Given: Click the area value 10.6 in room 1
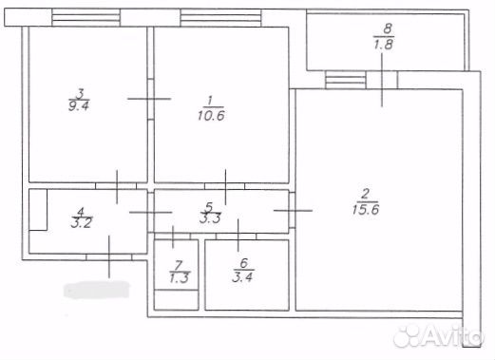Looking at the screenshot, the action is [x=211, y=116].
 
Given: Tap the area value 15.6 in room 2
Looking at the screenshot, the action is [x=366, y=209].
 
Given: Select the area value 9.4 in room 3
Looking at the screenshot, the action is [x=79, y=105].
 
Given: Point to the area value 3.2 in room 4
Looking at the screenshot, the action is [x=82, y=223].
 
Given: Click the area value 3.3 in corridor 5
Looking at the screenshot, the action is [x=210, y=218].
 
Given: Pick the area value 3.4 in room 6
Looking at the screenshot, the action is [x=242, y=277].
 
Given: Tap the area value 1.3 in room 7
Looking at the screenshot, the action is [x=180, y=277].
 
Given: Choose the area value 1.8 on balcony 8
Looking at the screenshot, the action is [x=384, y=44].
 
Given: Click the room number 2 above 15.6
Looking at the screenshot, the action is [x=366, y=194].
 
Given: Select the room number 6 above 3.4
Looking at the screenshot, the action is [x=244, y=262].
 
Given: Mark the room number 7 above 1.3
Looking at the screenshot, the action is [x=180, y=263].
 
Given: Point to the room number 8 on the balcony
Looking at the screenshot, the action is [x=388, y=28].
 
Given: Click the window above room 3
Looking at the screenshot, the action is [x=86, y=17].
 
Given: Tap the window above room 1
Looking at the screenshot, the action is [x=220, y=17].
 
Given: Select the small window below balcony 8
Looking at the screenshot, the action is [x=346, y=80].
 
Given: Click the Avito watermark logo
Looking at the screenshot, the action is [x=438, y=335].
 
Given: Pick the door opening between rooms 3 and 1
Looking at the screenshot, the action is [x=151, y=99].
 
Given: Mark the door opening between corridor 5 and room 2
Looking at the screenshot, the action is [x=292, y=210].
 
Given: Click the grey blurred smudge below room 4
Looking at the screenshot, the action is [x=97, y=290].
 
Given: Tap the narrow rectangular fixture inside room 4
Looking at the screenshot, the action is [x=38, y=210].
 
